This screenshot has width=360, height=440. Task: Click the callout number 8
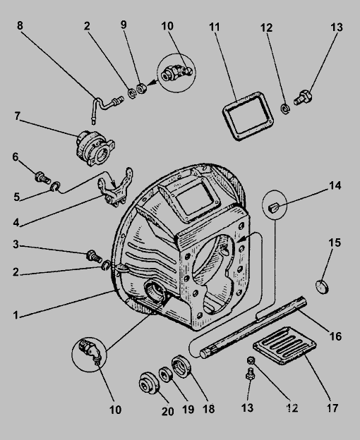[x=20, y=25]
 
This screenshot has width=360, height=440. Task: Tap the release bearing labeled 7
[x=95, y=147]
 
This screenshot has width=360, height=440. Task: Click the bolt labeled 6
[x=42, y=178]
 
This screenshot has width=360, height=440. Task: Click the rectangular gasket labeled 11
[x=248, y=116]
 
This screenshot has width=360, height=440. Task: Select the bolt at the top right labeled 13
[x=304, y=97]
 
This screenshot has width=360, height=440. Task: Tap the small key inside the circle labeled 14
[x=272, y=207]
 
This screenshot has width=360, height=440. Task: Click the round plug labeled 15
[x=322, y=286]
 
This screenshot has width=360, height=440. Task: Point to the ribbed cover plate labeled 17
[x=284, y=346]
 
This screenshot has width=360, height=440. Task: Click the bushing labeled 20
[x=150, y=384]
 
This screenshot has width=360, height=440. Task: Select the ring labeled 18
[x=181, y=366]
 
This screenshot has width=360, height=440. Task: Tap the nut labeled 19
[x=166, y=374]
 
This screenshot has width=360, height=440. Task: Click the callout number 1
[x=16, y=315]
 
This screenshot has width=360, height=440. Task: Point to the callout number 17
[x=332, y=408]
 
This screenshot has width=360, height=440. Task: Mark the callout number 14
[x=335, y=185]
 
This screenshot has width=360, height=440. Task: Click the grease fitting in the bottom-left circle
[x=90, y=352]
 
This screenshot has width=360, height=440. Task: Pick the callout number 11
[x=215, y=28]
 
